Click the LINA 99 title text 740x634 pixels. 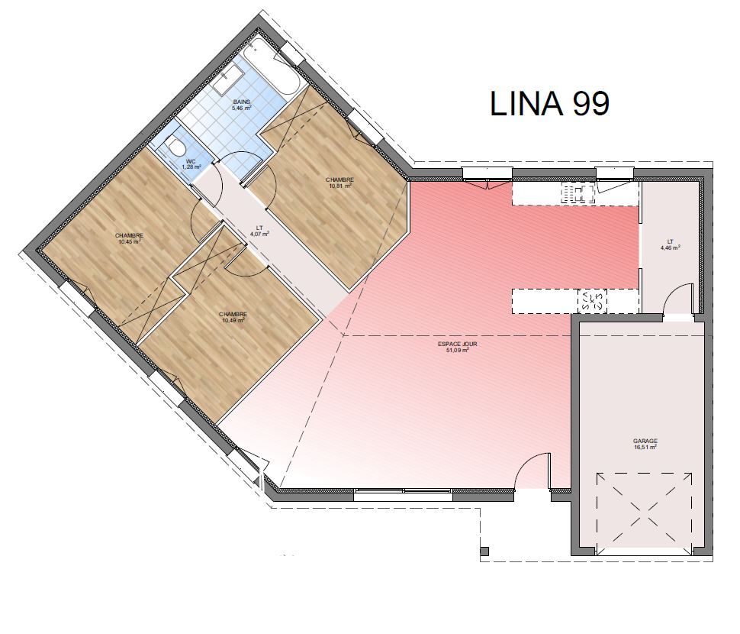(550, 103)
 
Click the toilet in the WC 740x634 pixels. (175, 145)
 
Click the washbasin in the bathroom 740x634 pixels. (227, 80)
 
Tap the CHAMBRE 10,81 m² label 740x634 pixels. (339, 183)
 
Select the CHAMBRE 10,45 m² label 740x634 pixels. (129, 238)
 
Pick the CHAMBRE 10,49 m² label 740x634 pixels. (233, 317)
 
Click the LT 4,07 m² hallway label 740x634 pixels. (259, 231)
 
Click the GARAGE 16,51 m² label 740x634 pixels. (645, 444)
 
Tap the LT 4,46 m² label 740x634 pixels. (670, 244)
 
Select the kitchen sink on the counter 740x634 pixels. (577, 193)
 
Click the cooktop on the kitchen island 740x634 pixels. (592, 301)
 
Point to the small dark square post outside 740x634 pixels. (484, 552)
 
